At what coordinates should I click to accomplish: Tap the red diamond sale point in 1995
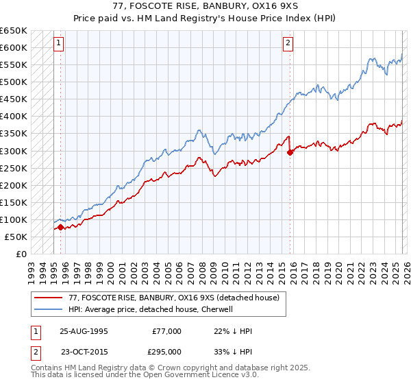coord(60,227)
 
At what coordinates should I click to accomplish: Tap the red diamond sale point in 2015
coord(290,152)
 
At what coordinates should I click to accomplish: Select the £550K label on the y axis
coord(14,65)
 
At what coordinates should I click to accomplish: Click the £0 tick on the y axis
coord(21,254)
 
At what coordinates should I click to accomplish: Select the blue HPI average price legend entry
coord(151,309)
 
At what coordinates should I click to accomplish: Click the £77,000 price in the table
coord(167,331)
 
